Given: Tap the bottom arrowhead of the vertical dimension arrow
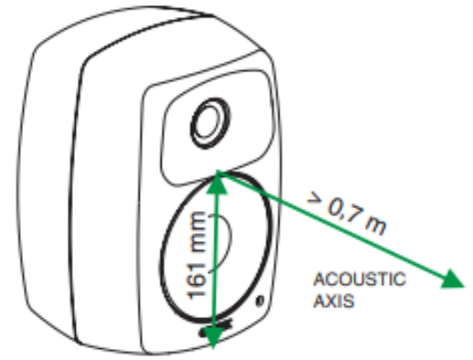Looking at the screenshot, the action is [x=213, y=338].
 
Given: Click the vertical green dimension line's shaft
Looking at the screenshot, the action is [x=215, y=265].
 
